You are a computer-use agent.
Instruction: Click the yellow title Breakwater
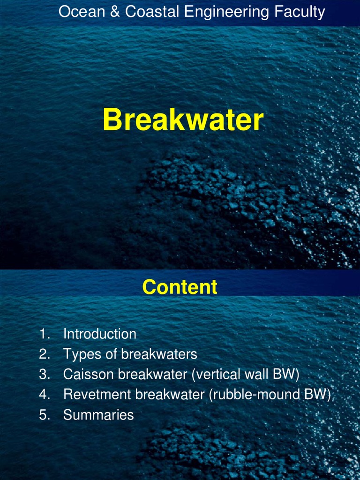coord(183,120)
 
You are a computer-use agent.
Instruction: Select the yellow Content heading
coord(180,287)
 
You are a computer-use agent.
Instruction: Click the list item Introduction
coord(99,334)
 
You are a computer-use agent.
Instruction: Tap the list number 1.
coord(44,334)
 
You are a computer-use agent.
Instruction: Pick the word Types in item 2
coord(82,354)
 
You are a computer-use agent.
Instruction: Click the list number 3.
coord(44,375)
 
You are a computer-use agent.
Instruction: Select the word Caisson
coord(89,375)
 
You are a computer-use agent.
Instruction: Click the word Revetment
coord(97,395)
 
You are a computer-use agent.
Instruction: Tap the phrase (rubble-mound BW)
coord(270,395)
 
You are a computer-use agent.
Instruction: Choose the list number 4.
coord(44,395)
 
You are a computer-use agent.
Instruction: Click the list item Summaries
coord(98,415)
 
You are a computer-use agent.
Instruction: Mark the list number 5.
coord(44,415)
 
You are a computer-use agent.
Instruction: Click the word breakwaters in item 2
coord(159,354)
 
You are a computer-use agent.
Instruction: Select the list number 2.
coord(44,354)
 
